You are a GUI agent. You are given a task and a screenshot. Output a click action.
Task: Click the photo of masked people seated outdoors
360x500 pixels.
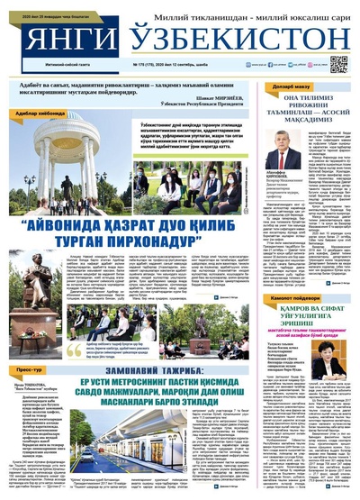click(x=220, y=181)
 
